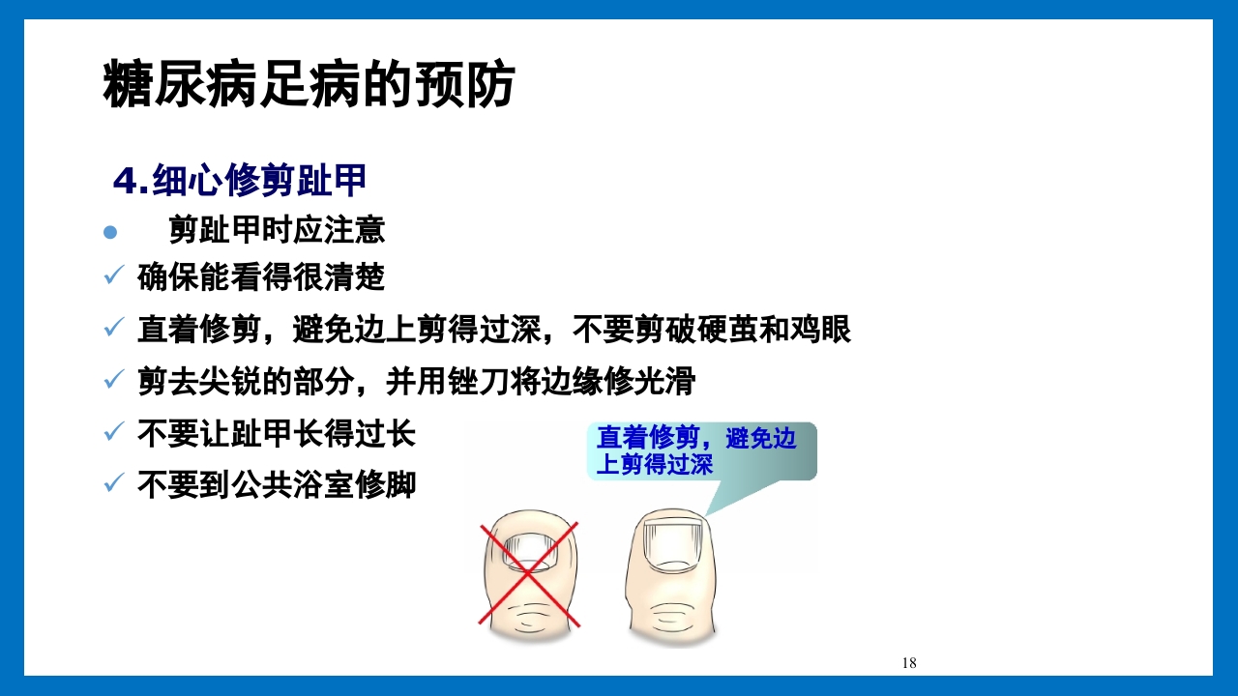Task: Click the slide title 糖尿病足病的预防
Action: (309, 85)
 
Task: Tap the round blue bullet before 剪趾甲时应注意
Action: (110, 232)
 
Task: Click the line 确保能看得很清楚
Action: (261, 278)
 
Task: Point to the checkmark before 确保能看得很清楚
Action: (113, 278)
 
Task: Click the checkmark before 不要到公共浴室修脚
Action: (113, 483)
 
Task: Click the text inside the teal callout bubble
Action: (695, 451)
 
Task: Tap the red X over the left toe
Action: (528, 573)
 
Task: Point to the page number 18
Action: (908, 663)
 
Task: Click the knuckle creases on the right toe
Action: (671, 614)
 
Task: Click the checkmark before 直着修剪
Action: (113, 331)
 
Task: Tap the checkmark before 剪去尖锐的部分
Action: (113, 382)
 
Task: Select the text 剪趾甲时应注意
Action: (277, 230)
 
